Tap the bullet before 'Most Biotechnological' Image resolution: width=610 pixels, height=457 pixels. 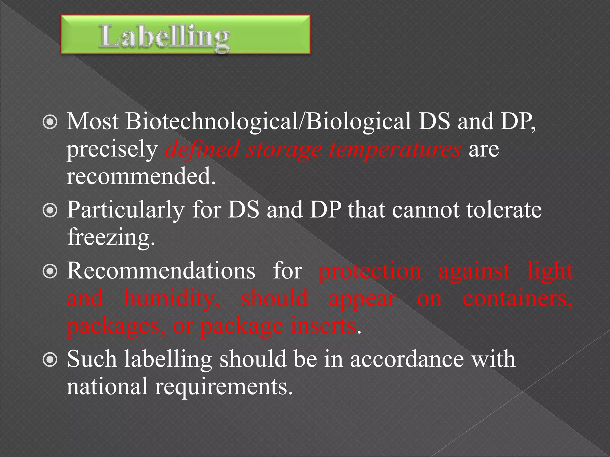click(50, 122)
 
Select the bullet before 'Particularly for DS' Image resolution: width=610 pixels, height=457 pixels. click(50, 211)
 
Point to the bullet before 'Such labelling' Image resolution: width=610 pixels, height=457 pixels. click(50, 360)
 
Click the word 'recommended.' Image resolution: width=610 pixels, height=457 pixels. click(141, 176)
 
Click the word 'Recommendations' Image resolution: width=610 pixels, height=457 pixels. click(161, 271)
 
